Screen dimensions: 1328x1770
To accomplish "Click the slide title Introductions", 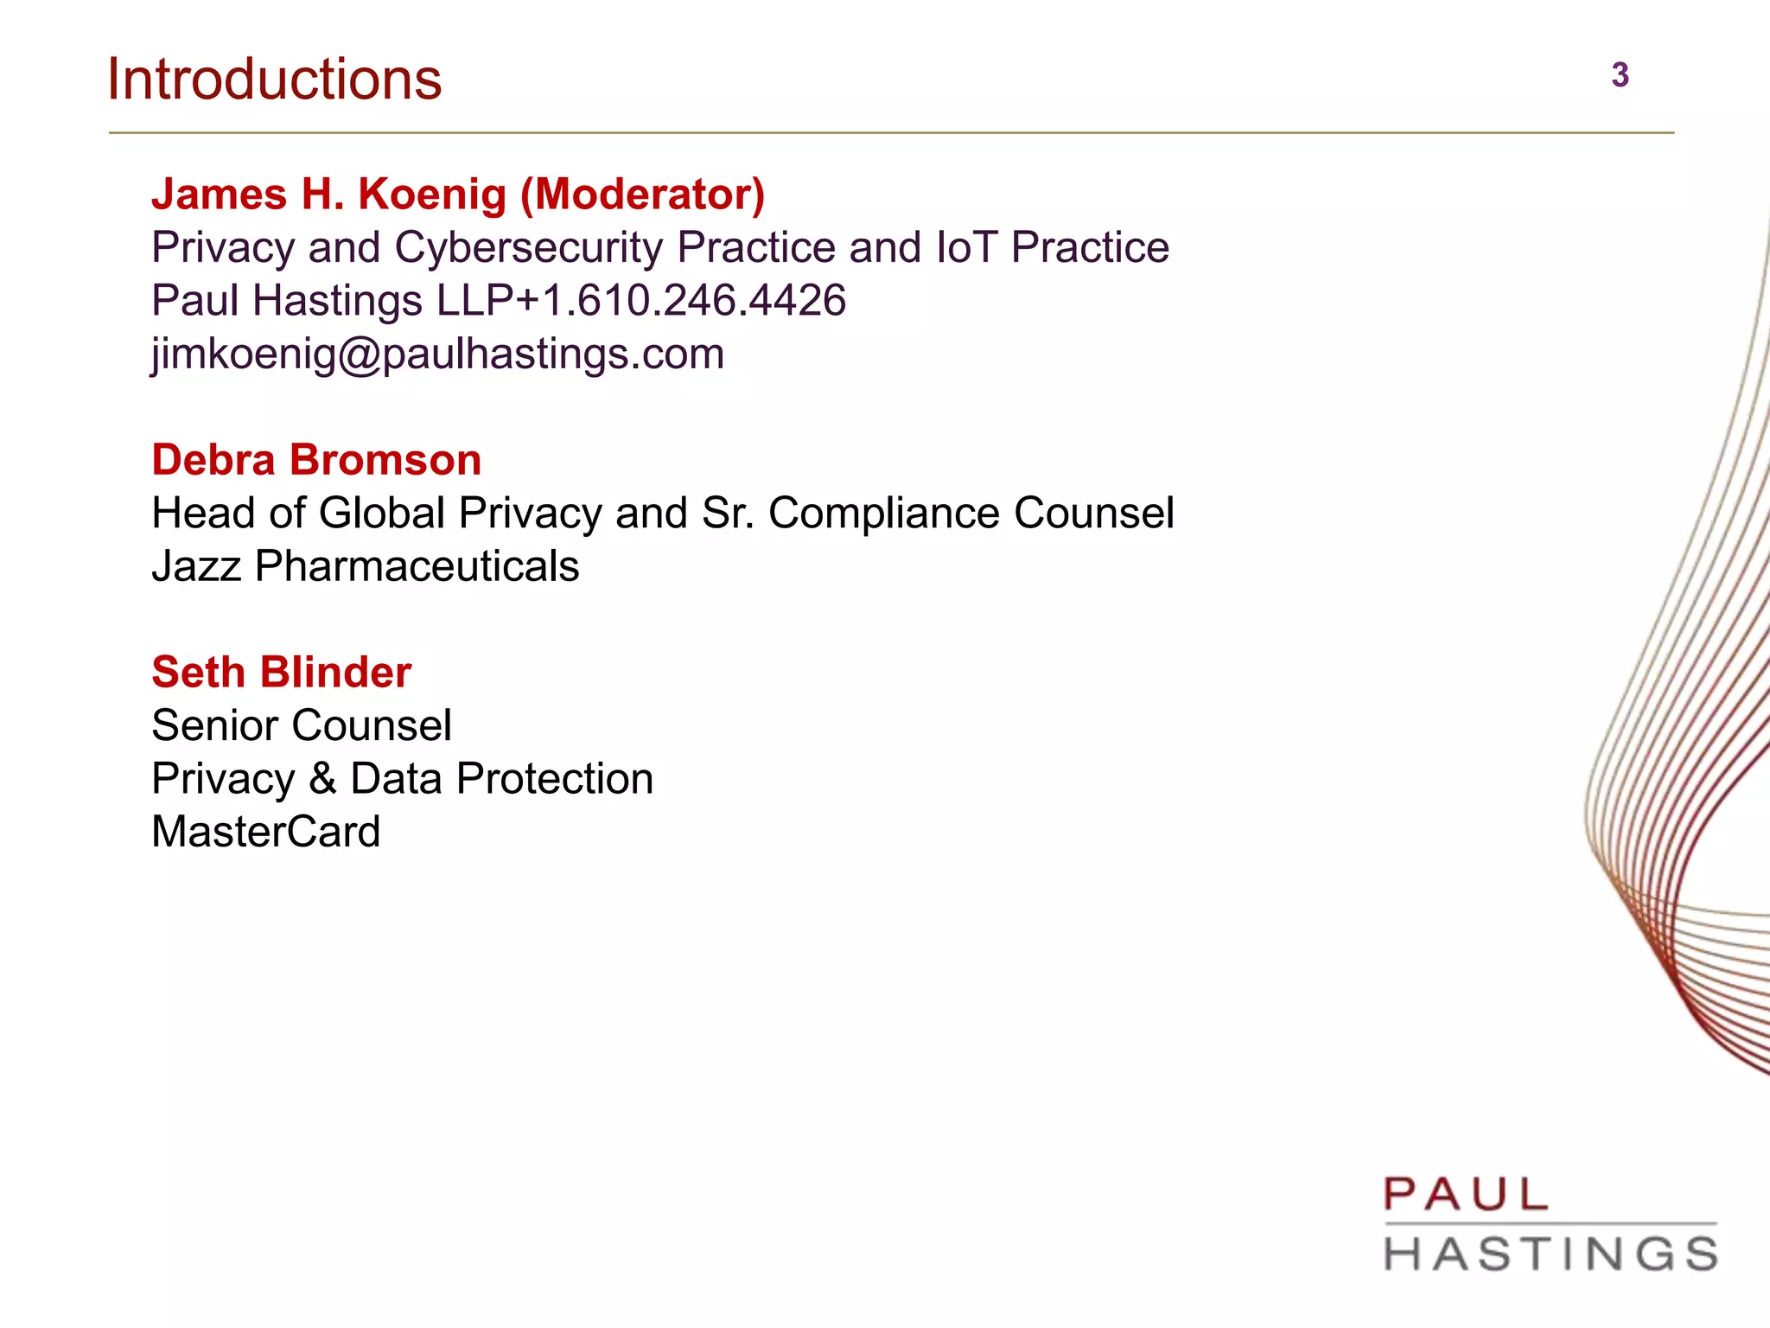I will tap(274, 80).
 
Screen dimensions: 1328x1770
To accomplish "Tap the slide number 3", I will tap(1620, 75).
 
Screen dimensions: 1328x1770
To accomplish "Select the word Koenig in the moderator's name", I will tap(432, 195).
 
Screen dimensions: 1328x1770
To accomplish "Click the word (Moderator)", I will tap(642, 195).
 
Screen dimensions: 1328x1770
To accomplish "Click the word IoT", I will tap(966, 248).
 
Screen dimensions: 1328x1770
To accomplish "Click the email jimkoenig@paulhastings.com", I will tap(437, 354).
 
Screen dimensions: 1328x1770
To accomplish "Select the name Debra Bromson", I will tap(316, 460).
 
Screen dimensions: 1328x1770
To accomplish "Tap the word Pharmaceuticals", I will tap(417, 567).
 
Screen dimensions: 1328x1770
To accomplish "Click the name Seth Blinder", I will tap(281, 673).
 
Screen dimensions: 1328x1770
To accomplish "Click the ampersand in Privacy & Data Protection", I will tap(322, 779).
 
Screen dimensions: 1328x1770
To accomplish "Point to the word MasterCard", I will tap(265, 833).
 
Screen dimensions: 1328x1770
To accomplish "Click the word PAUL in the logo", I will tap(1465, 1196).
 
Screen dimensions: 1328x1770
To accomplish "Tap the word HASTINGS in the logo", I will tap(1550, 1255).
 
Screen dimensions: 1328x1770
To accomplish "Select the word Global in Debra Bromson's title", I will tap(381, 514).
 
